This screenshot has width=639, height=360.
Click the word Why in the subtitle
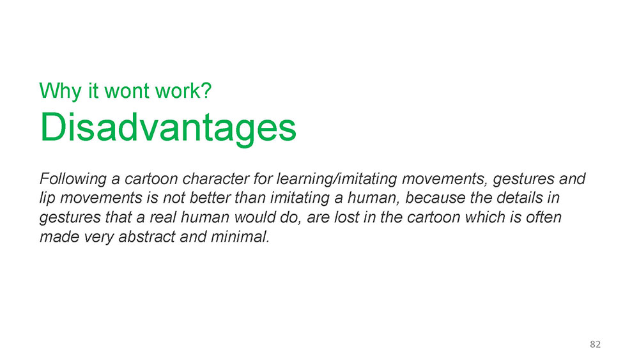60,91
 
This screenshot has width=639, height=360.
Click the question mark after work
206,90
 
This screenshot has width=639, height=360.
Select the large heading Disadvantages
168,128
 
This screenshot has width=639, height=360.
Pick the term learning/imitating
337,179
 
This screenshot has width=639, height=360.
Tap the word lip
47,198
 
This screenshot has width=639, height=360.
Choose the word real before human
163,217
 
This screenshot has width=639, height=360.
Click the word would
256,217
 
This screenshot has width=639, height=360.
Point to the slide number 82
596,344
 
